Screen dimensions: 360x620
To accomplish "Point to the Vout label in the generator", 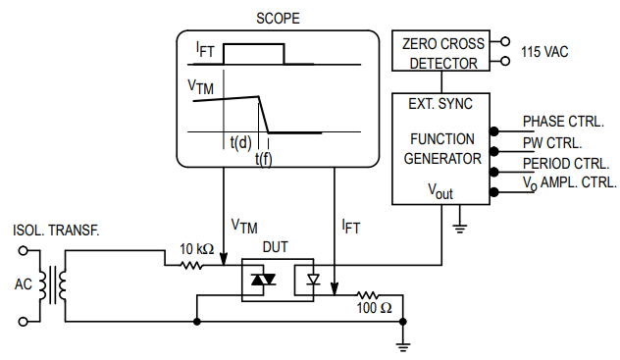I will point(439,190).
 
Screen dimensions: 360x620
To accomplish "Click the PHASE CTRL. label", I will point(563,122).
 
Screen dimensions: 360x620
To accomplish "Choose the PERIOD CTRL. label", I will point(566,163).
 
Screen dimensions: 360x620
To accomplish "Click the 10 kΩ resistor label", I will point(196,249).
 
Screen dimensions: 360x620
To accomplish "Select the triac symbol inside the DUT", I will point(263,281).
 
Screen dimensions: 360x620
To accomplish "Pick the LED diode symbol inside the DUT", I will point(313,281).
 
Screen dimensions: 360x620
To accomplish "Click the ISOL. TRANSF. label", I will point(56,231).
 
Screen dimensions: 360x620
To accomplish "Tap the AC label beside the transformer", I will point(25,284).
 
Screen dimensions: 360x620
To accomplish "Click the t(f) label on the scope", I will point(263,159).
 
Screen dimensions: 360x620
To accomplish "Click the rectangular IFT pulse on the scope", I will point(253,54).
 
